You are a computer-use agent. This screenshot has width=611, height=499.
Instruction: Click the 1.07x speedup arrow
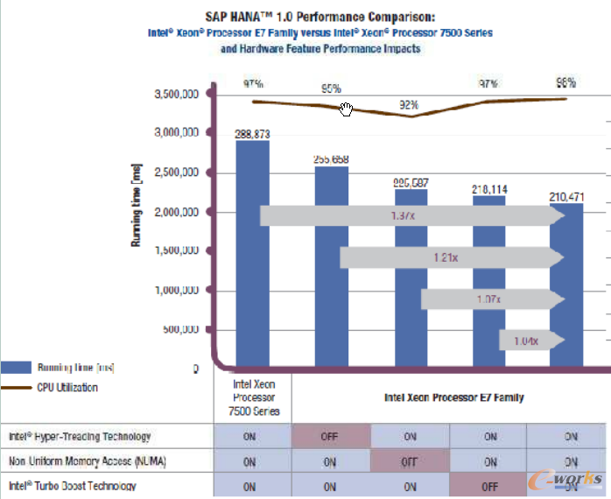(488, 299)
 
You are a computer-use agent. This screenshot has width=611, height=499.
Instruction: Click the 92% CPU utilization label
(409, 105)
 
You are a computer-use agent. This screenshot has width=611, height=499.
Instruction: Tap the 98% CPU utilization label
(565, 82)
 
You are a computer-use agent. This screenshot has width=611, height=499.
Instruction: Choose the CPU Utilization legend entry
(67, 387)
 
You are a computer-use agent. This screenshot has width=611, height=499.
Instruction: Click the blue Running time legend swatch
(16, 368)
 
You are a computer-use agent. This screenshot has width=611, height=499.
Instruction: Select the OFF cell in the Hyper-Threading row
(330, 436)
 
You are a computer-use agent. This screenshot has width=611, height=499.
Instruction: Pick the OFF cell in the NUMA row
(409, 461)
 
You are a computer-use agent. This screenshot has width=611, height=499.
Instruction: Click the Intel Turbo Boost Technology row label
(73, 486)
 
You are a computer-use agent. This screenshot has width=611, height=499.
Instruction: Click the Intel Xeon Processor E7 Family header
(453, 397)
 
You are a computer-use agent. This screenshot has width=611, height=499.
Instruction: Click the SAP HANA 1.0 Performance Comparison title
(320, 16)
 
